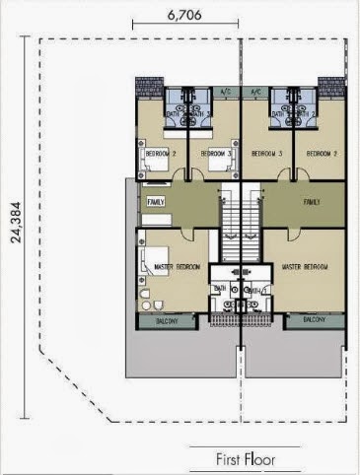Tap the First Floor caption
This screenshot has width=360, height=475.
pyautogui.click(x=246, y=458)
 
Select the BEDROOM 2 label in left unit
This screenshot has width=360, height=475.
pyautogui.click(x=160, y=154)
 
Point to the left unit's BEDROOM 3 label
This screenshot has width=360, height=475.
pyautogui.click(x=215, y=154)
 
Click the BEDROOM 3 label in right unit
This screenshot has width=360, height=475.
pyautogui.click(x=267, y=154)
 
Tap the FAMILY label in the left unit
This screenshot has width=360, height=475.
pyautogui.click(x=156, y=201)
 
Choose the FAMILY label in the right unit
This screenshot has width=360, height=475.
pyautogui.click(x=312, y=201)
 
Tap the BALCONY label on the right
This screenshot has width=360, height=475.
pyautogui.click(x=315, y=320)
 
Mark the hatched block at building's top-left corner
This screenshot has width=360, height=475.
pyautogui.click(x=146, y=87)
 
